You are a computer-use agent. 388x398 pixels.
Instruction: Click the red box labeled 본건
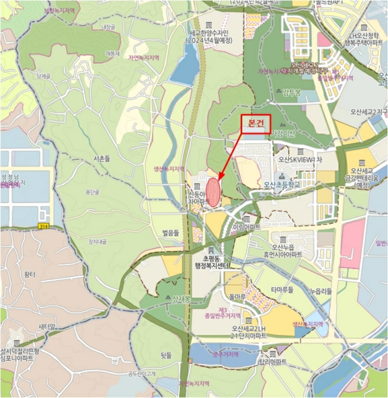255,124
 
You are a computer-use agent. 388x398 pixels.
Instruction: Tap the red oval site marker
213,188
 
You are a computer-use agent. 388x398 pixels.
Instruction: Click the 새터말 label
47,326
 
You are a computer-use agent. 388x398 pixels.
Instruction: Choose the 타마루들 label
282,289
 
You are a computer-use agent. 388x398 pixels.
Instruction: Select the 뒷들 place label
166,355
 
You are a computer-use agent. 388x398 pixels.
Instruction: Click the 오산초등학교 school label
282,185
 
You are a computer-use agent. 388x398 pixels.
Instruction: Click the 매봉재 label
112,53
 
